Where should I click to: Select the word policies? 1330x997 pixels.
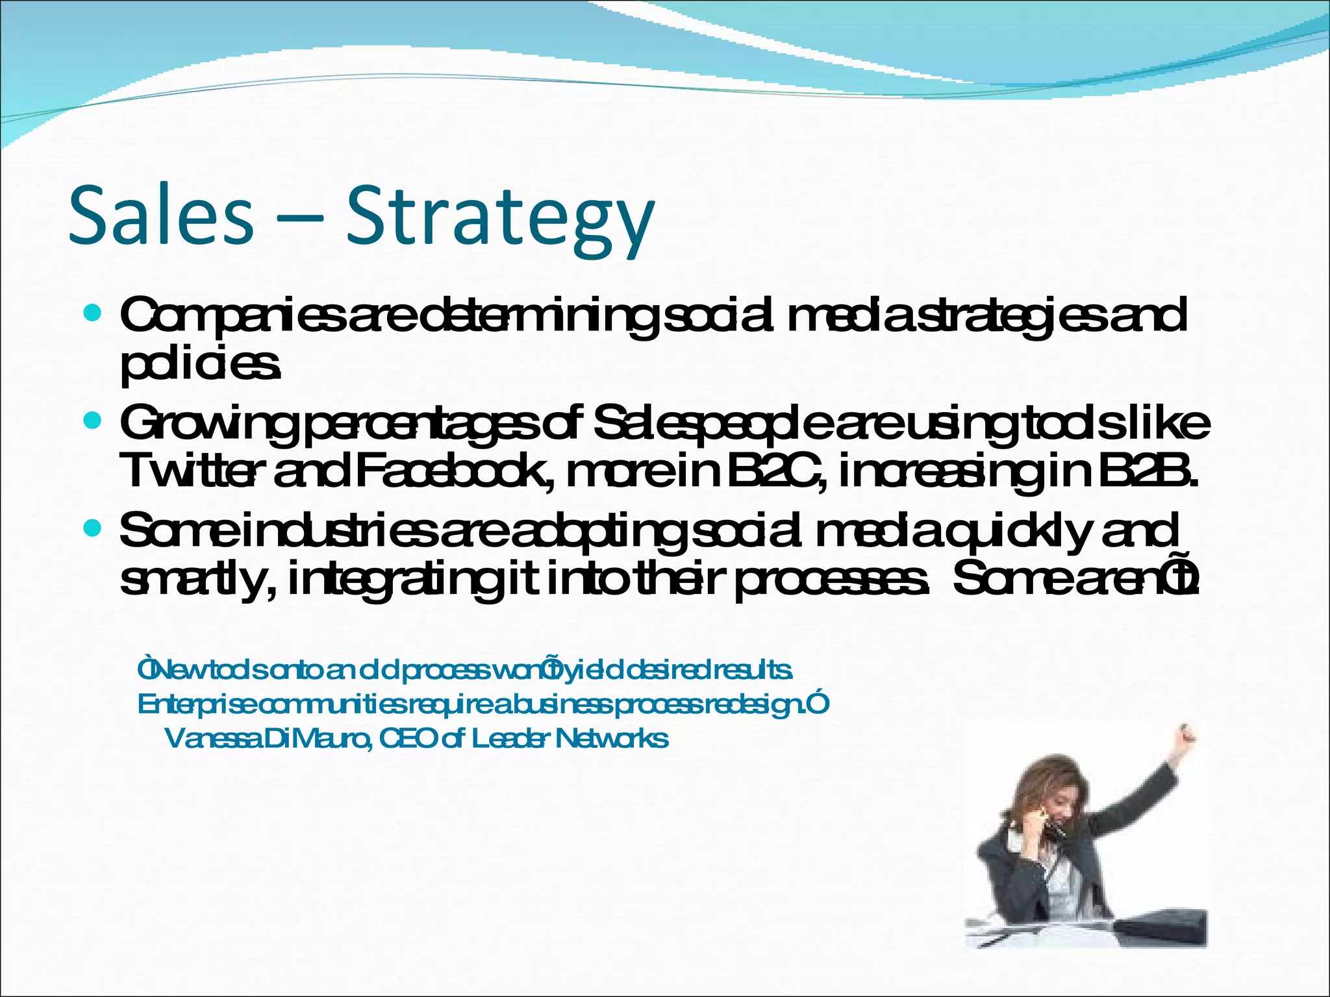[200, 367]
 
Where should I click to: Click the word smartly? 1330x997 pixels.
[192, 580]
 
